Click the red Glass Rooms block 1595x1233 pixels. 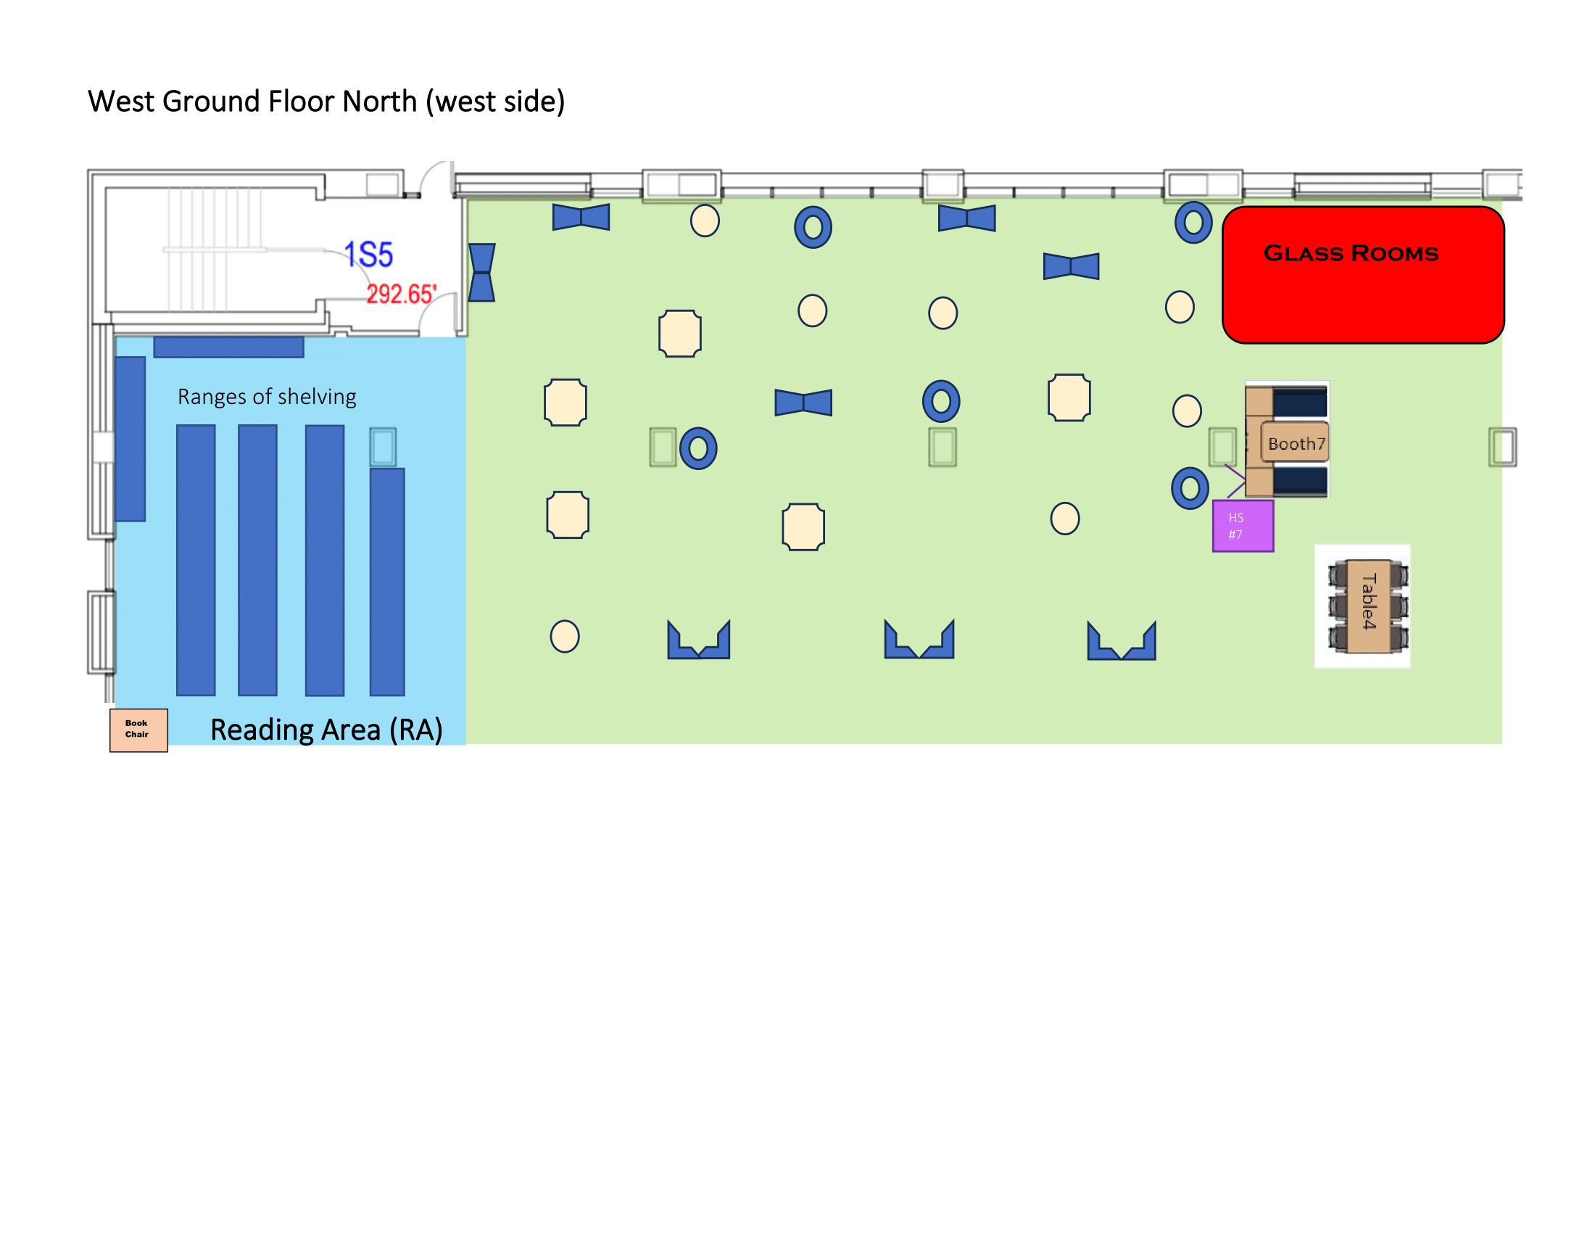click(1363, 275)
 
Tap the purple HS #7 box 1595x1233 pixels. click(1242, 526)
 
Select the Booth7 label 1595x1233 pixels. click(1296, 443)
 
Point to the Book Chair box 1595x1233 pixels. click(138, 730)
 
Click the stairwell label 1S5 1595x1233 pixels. click(369, 255)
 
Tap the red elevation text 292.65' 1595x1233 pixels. click(401, 294)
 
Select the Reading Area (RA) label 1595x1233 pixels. click(326, 730)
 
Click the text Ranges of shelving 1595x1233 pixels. click(267, 397)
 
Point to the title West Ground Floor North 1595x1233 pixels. click(326, 102)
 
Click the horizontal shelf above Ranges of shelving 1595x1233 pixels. click(228, 347)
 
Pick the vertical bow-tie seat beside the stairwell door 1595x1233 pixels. click(481, 273)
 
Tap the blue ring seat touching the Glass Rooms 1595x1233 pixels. click(1193, 223)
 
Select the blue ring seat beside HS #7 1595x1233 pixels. click(1190, 488)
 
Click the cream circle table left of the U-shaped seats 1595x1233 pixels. click(565, 636)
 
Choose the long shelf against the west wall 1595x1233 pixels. click(130, 438)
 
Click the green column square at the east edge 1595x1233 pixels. click(1502, 446)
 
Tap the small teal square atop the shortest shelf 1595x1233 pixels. click(383, 446)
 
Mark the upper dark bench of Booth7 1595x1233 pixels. click(1299, 403)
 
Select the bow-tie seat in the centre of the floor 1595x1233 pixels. click(803, 403)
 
